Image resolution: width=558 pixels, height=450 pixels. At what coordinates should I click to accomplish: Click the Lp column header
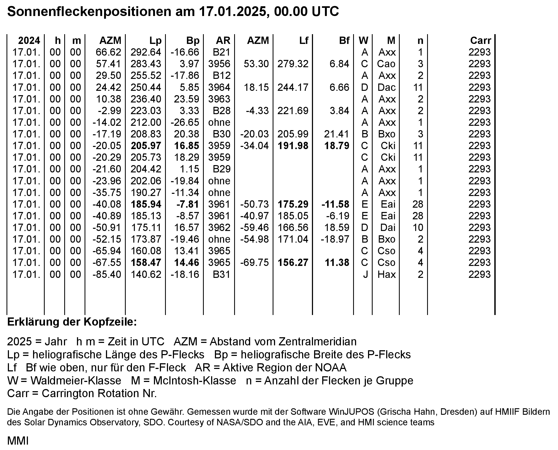click(x=155, y=41)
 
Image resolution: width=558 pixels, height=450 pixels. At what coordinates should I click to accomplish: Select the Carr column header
click(x=480, y=41)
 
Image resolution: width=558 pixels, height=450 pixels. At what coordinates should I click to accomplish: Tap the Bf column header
click(x=344, y=41)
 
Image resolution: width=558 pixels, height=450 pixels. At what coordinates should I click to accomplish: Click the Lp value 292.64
click(x=146, y=52)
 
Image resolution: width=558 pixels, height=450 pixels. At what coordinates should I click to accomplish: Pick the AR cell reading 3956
click(x=219, y=64)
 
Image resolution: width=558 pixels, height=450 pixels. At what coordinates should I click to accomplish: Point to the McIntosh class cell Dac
click(x=386, y=87)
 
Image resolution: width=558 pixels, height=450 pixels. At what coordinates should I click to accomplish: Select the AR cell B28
click(x=221, y=111)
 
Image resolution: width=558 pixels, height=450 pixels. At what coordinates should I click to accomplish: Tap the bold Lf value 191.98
click(x=293, y=146)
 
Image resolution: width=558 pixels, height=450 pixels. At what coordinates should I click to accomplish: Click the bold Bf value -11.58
click(x=335, y=204)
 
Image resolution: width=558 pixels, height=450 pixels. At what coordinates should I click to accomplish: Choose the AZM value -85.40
click(x=107, y=274)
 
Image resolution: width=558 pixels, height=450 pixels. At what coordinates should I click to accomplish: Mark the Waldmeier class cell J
click(x=365, y=274)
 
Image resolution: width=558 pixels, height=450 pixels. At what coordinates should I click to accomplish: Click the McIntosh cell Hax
click(x=386, y=274)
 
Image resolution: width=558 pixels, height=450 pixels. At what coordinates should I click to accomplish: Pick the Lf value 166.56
click(x=293, y=227)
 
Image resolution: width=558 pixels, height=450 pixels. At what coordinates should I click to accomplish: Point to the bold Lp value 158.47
click(x=146, y=263)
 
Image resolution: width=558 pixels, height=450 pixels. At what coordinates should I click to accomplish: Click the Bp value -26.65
click(x=185, y=122)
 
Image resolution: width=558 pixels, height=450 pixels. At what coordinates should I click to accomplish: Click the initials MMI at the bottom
click(x=18, y=441)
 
